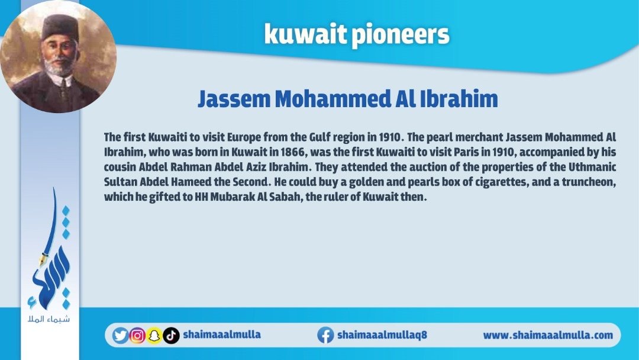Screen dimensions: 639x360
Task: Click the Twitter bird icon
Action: click(120, 336)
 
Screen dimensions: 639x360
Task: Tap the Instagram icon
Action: click(137, 336)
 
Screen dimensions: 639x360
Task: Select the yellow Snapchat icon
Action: click(154, 336)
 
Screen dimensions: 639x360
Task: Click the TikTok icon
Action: click(171, 336)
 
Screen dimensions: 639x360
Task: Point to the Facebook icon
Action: click(325, 335)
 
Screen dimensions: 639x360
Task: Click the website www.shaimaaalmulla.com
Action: click(548, 335)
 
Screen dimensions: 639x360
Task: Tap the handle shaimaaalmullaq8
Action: click(382, 335)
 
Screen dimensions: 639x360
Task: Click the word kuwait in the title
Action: click(305, 34)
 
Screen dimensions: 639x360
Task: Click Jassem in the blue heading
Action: click(234, 99)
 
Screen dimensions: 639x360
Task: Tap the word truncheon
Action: click(589, 182)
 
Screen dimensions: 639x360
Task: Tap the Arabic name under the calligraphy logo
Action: click(49, 319)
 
